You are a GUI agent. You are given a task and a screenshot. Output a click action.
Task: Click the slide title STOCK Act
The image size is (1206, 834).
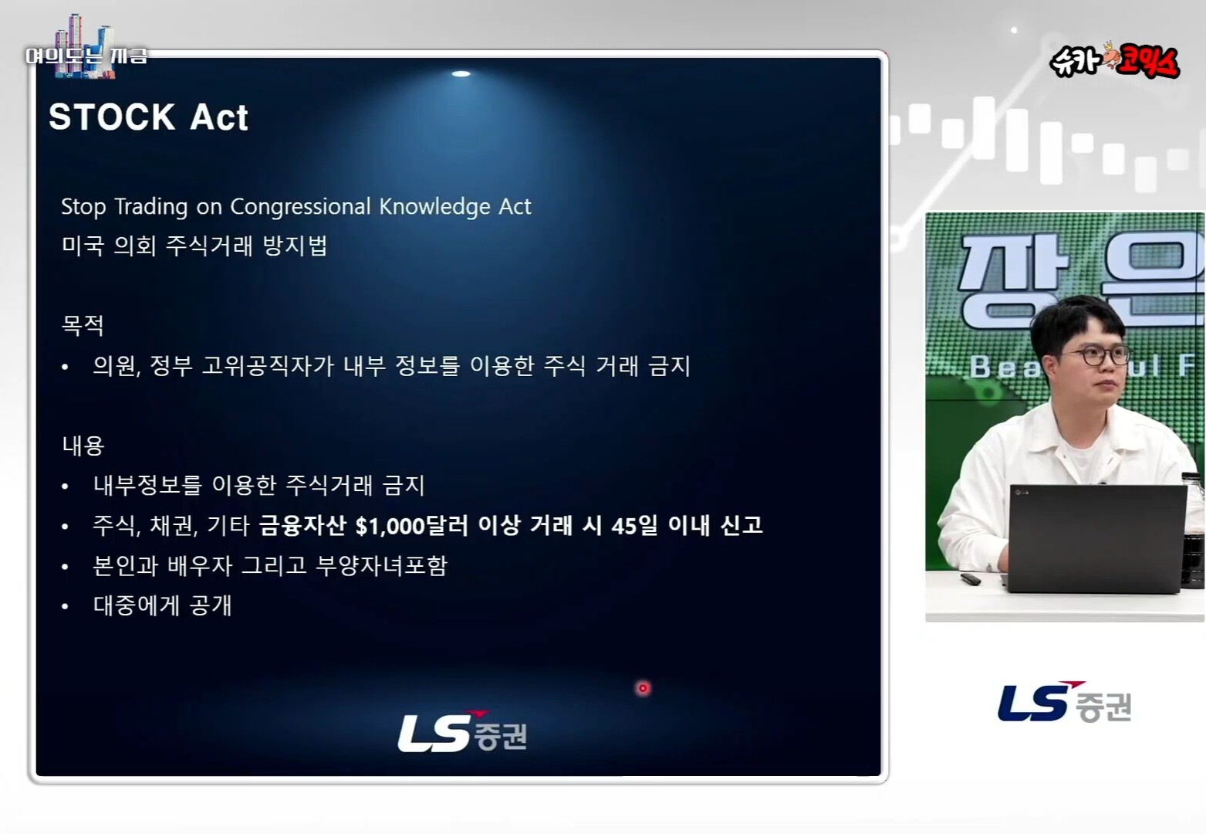pos(149,117)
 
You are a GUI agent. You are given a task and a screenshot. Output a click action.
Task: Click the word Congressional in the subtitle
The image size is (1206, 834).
pos(300,207)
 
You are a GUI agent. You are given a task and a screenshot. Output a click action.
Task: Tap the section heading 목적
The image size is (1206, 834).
pos(83,325)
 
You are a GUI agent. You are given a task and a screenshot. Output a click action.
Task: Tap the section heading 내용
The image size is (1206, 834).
pos(83,445)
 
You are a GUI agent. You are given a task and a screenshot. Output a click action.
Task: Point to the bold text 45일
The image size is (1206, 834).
pos(635,525)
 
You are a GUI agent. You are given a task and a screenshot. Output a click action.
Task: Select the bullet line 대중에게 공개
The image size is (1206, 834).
pos(162,605)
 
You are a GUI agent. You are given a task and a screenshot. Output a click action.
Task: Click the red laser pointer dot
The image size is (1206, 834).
pos(643,688)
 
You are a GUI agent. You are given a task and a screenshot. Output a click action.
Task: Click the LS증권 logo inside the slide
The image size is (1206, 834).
pos(462,731)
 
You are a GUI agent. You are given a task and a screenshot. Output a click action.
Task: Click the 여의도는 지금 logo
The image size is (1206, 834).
pos(86,49)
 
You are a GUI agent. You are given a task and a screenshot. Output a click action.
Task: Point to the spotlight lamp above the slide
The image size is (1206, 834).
pos(461,74)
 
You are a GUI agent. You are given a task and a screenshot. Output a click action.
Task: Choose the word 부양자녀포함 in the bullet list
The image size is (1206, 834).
pos(381,566)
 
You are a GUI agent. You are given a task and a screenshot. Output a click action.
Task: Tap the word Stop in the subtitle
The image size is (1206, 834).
pos(83,207)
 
